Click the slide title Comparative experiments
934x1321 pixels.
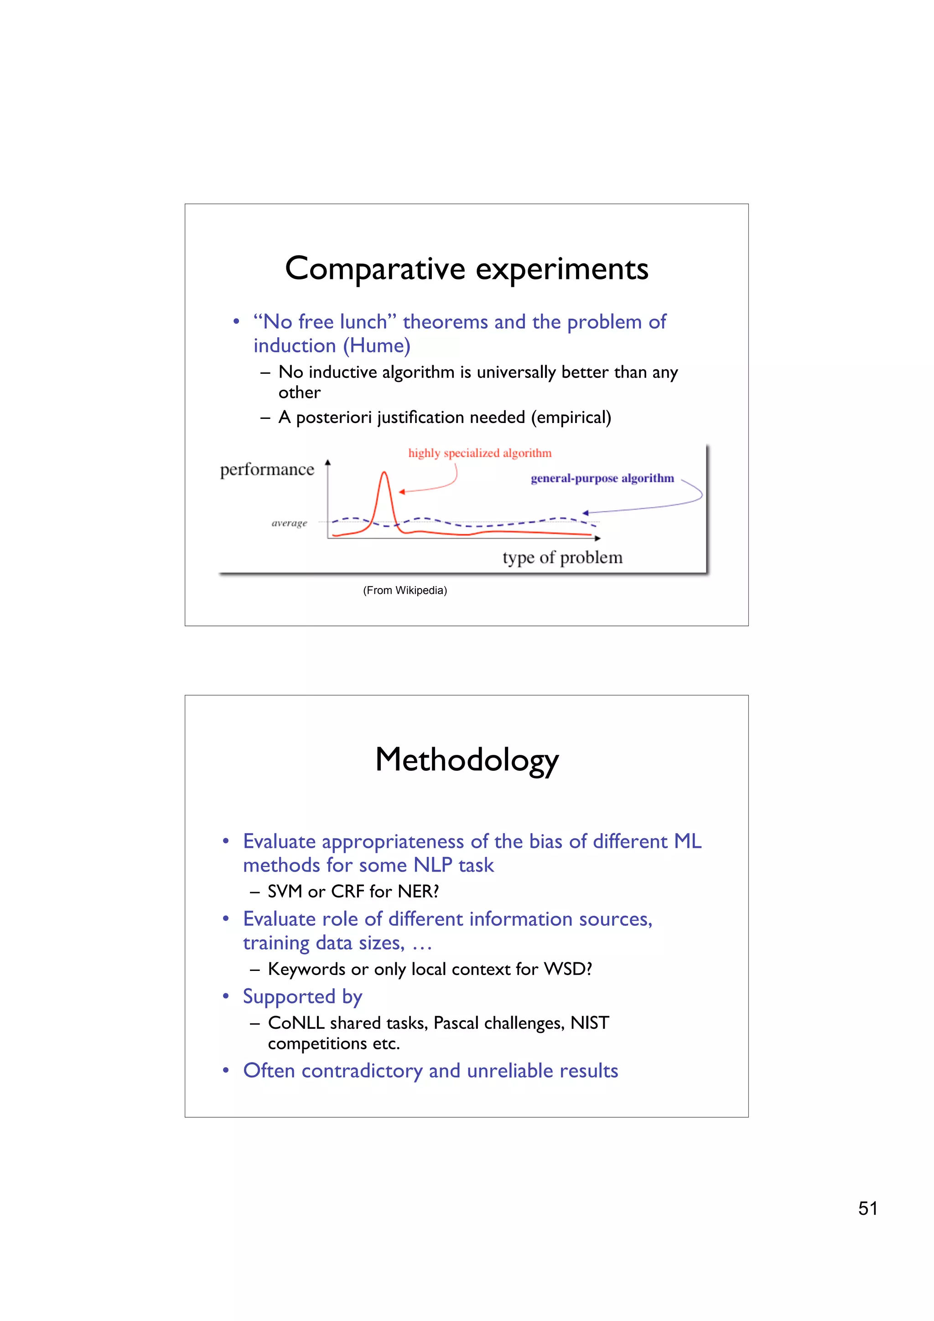click(466, 268)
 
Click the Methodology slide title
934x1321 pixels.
click(466, 759)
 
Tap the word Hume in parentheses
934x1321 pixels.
click(377, 346)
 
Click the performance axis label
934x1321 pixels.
click(267, 470)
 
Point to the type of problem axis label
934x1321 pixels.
click(562, 557)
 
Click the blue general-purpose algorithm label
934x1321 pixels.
click(602, 478)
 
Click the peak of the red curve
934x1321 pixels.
click(384, 473)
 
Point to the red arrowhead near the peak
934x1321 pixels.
click(402, 491)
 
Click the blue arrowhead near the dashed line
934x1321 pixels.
click(585, 513)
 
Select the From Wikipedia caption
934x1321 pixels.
click(405, 590)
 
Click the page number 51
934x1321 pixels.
click(867, 1208)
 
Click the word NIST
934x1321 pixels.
click(589, 1023)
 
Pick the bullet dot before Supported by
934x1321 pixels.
click(226, 996)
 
